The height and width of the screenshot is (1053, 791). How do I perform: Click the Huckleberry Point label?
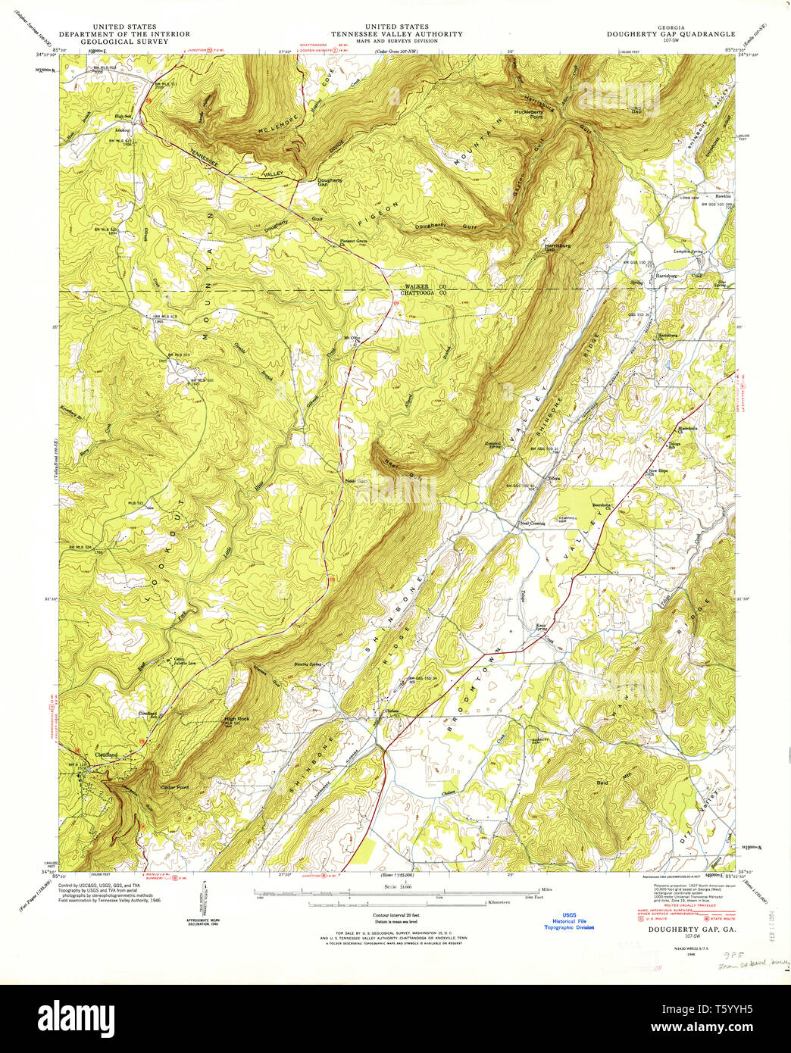point(529,114)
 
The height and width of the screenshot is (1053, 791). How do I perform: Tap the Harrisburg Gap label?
point(557,247)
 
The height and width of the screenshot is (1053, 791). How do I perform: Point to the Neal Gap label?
point(355,481)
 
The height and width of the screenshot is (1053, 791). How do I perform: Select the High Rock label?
point(236,719)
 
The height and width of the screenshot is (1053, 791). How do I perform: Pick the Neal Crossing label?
point(532,523)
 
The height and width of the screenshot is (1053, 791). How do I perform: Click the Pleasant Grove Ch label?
point(353,242)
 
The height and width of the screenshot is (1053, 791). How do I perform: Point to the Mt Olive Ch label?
point(352,339)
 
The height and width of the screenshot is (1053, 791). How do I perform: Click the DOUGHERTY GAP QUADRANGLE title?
point(671,34)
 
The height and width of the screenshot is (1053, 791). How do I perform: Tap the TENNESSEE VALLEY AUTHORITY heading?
point(396,34)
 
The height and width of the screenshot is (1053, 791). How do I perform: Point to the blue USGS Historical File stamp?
point(568,920)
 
